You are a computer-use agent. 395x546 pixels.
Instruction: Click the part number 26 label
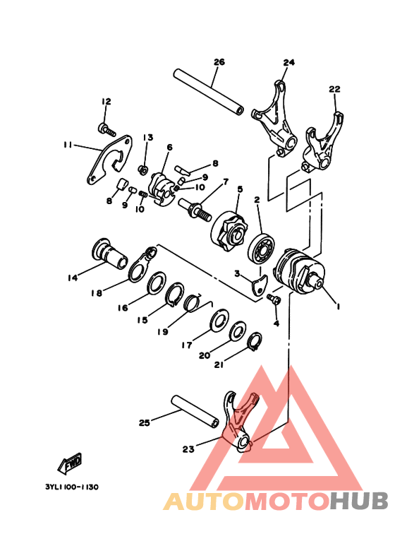tap(219, 62)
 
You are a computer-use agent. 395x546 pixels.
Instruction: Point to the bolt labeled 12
tap(106, 129)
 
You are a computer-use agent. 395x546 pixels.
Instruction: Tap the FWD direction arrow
tap(71, 464)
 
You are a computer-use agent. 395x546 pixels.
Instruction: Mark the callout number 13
tap(148, 137)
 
